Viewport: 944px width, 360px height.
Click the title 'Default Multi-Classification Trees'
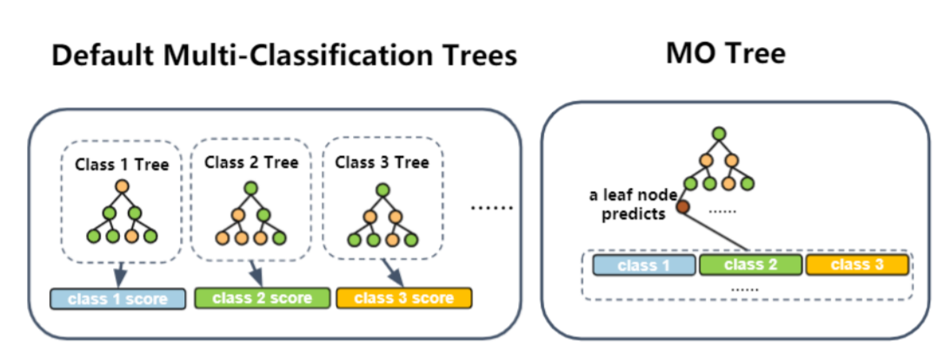pos(283,56)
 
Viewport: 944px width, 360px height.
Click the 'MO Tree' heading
pos(725,54)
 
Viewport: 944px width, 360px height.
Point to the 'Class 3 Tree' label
pos(382,163)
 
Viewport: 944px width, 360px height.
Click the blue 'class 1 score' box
pos(118,298)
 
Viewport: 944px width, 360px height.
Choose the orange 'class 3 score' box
pos(403,297)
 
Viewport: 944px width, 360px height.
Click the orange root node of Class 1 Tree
pos(121,186)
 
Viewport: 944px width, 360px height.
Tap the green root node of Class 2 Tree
pos(250,186)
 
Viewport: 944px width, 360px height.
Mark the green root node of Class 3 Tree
pos(381,186)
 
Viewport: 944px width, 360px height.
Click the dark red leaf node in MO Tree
pos(683,207)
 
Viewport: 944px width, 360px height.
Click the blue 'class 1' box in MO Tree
pos(644,264)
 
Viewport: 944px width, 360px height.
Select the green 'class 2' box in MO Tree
pos(750,264)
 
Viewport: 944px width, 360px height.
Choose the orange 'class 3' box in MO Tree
pos(857,264)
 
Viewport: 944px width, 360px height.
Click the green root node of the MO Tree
pos(718,133)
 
